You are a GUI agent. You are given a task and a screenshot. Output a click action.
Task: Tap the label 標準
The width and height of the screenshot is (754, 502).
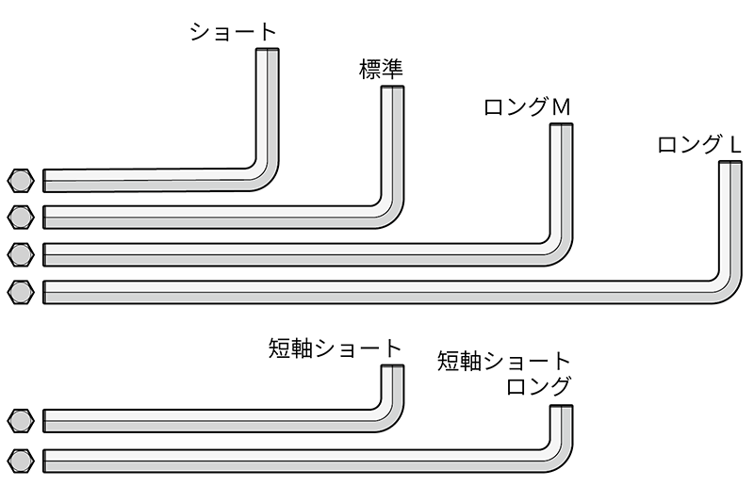click(x=381, y=69)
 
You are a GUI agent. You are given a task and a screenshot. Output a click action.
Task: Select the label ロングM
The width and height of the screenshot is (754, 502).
click(x=527, y=107)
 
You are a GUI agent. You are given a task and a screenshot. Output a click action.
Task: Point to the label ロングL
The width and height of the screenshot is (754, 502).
click(x=698, y=146)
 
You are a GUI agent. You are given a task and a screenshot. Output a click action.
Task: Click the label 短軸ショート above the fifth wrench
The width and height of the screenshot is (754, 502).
click(x=334, y=349)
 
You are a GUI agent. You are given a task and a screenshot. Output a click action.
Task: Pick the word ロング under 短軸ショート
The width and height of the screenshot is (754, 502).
click(x=538, y=386)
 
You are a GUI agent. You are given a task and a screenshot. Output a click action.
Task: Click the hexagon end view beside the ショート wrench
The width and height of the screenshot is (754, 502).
click(x=20, y=180)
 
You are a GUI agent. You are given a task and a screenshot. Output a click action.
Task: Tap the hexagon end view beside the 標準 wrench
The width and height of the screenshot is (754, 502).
click(x=20, y=217)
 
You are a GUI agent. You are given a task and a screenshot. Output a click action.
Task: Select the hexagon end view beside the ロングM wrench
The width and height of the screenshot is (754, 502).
click(x=20, y=254)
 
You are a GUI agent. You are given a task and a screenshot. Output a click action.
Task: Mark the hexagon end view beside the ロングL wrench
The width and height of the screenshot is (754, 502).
click(x=20, y=292)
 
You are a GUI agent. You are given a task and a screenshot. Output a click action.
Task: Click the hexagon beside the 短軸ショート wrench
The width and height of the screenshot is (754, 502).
click(x=20, y=420)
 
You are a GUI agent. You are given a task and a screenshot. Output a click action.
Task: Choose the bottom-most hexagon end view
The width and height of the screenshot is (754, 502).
click(x=20, y=461)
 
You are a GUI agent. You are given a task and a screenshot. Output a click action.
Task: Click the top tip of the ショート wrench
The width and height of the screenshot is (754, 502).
click(x=268, y=53)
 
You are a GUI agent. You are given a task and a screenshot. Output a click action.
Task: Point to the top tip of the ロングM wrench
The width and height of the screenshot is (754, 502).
click(x=562, y=127)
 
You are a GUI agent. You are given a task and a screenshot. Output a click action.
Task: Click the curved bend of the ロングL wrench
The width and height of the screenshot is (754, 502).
click(x=727, y=289)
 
